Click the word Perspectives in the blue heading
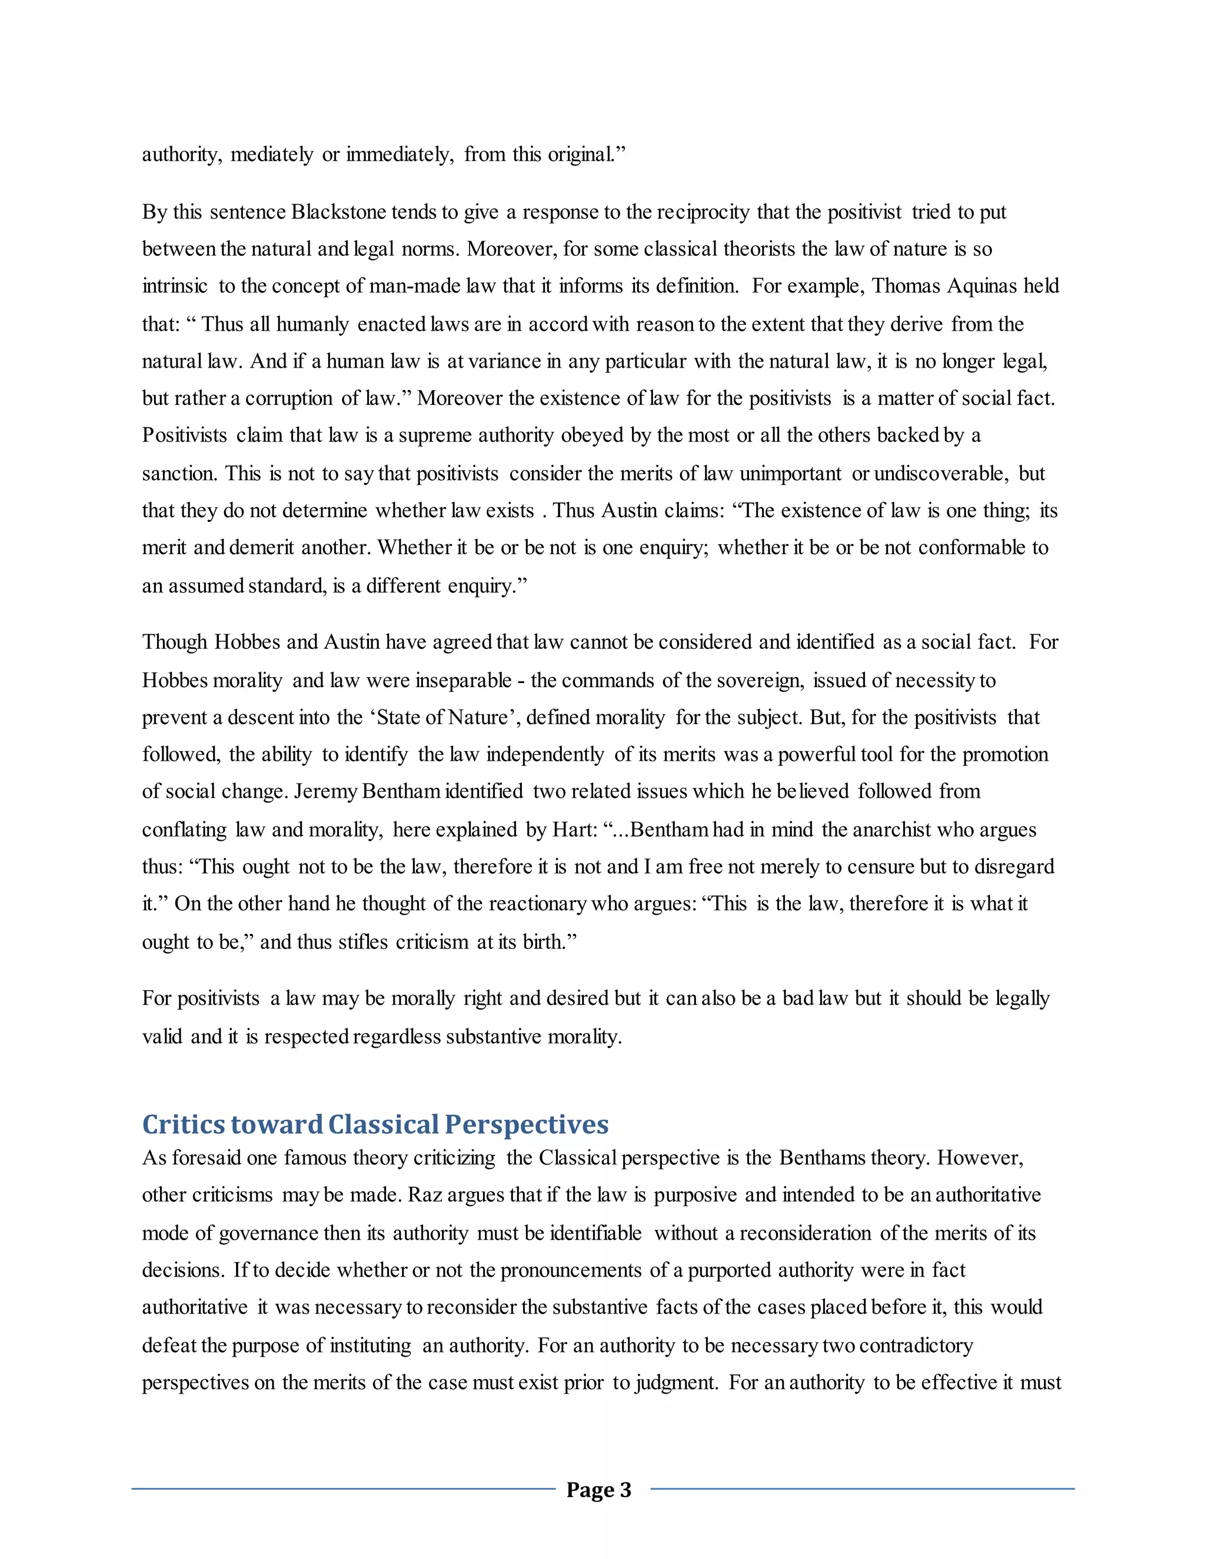pos(526,1125)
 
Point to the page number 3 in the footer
pos(625,1491)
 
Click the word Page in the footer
pos(590,1491)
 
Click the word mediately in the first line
pos(271,155)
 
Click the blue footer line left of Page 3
pos(342,1489)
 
